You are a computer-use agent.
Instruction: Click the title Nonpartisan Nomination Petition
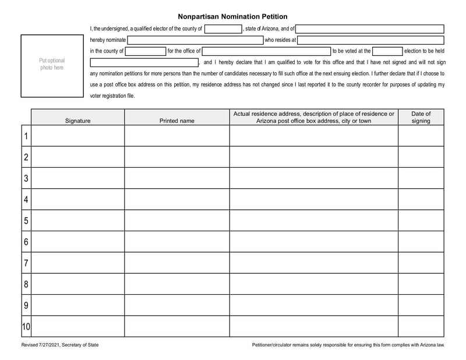[x=232, y=17]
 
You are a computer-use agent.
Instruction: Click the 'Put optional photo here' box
[x=52, y=65]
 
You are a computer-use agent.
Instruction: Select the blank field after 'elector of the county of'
[x=223, y=29]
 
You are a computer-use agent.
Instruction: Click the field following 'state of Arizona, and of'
[x=370, y=29]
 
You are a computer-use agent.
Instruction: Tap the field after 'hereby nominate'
[x=195, y=40]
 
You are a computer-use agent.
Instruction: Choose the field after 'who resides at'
[x=370, y=40]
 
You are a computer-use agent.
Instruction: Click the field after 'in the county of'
[x=146, y=51]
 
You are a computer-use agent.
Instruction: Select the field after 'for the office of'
[x=266, y=51]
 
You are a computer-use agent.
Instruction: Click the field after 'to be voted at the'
[x=387, y=51]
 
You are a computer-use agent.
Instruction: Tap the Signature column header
[x=77, y=121]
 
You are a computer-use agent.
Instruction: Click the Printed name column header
[x=177, y=121]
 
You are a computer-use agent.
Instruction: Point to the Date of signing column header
[x=421, y=117]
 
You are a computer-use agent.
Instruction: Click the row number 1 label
[x=26, y=136]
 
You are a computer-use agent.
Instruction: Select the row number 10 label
[x=26, y=327]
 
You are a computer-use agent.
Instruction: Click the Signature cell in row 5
[x=77, y=221]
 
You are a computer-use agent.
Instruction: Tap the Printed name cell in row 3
[x=177, y=178]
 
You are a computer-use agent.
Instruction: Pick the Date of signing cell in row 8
[x=421, y=284]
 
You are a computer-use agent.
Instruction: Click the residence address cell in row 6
[x=313, y=242]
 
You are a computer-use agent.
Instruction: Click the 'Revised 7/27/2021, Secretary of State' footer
[x=60, y=345]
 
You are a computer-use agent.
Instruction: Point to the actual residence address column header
[x=313, y=117]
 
